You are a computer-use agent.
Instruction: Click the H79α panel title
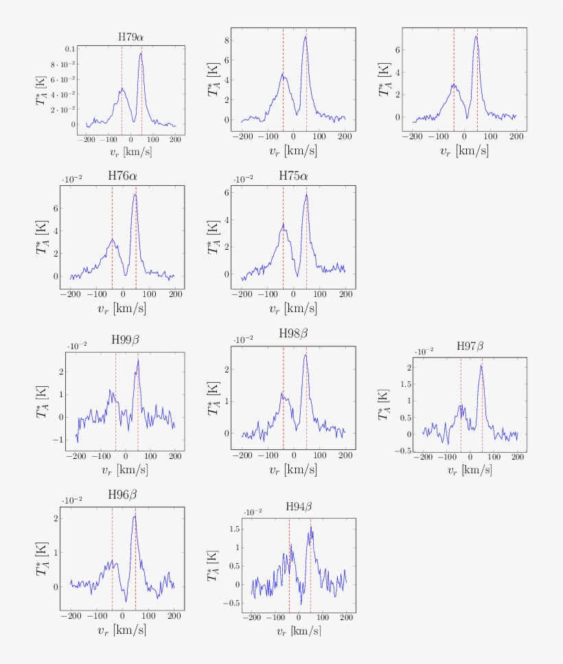tap(131, 36)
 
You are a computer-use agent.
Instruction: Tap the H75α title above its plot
tap(293, 176)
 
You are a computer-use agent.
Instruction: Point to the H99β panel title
tap(126, 341)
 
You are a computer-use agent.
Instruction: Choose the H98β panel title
tap(294, 333)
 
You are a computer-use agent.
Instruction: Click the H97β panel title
tap(472, 346)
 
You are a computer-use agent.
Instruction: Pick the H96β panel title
tap(123, 495)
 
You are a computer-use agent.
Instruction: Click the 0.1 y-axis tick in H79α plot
tap(71, 49)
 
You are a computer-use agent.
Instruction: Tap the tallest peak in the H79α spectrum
tap(141, 54)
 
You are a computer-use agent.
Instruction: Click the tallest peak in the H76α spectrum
tap(135, 194)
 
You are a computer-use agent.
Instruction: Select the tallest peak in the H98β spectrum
tap(305, 355)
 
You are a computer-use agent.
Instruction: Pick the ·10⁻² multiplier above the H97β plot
tap(424, 351)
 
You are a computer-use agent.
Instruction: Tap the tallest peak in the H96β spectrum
tap(135, 516)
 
